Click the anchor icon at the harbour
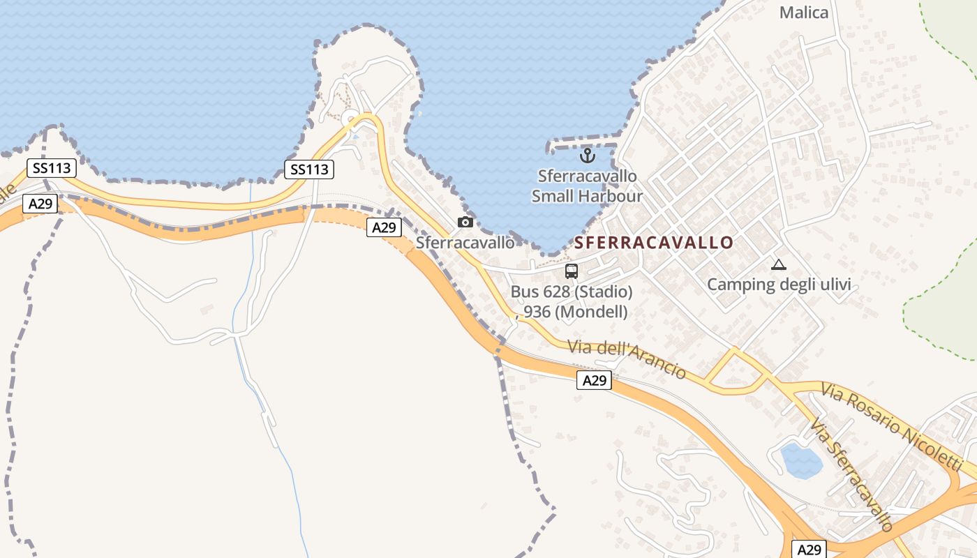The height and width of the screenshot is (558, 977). tap(586, 155)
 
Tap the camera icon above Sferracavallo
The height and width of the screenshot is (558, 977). tap(465, 222)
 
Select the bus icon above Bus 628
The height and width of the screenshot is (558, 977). tap(572, 271)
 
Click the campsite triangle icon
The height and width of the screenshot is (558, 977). tap(778, 264)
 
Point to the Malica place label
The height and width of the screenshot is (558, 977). tap(804, 13)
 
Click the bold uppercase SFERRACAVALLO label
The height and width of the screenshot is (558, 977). tap(654, 243)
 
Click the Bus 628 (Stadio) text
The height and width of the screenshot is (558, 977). tap(572, 292)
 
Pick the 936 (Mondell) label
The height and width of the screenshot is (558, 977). tap(575, 312)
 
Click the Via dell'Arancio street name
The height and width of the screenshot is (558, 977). tap(626, 359)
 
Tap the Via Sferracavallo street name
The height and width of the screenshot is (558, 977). tap(851, 474)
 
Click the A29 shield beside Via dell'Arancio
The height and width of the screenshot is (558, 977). tap(595, 380)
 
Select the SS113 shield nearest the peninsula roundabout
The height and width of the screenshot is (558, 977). tap(309, 169)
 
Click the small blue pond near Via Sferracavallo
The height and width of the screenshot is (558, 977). tap(800, 460)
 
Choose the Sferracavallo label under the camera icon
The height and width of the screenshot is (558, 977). tap(465, 243)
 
